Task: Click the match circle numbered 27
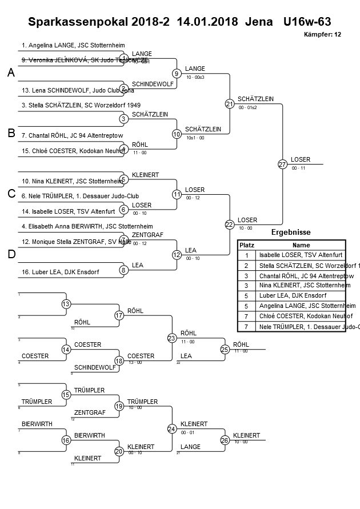(x=282, y=164)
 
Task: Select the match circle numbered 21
(x=230, y=103)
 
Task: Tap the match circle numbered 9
(x=177, y=73)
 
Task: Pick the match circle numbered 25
(x=225, y=349)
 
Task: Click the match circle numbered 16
(x=66, y=440)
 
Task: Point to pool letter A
(x=11, y=73)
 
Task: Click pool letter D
(x=11, y=254)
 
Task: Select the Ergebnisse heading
(x=291, y=233)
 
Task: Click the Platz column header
(x=246, y=245)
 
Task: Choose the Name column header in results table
(x=301, y=245)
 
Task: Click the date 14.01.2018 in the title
(x=208, y=22)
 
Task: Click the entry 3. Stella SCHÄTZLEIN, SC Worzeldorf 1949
(x=81, y=105)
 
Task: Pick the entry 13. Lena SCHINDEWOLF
(x=78, y=90)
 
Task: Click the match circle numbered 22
(x=230, y=225)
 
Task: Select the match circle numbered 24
(x=172, y=428)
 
